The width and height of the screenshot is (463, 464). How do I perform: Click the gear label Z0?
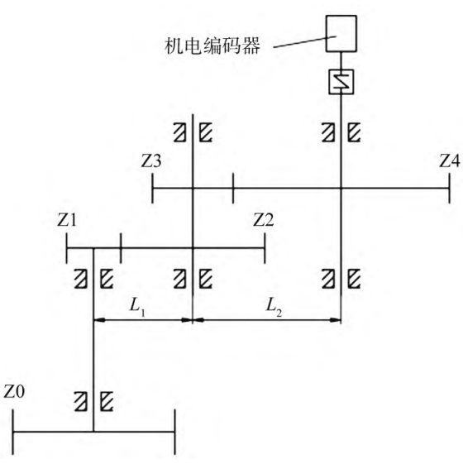(x=14, y=392)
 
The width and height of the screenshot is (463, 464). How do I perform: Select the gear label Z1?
(x=67, y=220)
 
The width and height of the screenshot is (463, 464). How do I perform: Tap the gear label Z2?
(x=263, y=220)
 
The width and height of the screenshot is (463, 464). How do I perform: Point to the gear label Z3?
(x=150, y=161)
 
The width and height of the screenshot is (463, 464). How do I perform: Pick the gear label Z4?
(x=450, y=161)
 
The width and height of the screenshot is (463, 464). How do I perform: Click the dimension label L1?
(x=137, y=307)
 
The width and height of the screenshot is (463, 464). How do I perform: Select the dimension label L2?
(x=274, y=307)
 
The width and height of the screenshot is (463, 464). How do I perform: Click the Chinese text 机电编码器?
(x=212, y=45)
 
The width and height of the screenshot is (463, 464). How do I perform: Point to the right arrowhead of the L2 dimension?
(x=336, y=320)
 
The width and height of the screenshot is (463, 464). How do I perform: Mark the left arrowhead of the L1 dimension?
(x=99, y=320)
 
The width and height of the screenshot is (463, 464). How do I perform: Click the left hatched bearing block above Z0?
(x=80, y=402)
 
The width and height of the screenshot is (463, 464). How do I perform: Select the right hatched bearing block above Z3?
(x=206, y=132)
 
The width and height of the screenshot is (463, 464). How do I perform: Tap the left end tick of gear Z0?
(x=13, y=432)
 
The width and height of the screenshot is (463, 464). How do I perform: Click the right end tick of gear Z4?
(x=450, y=188)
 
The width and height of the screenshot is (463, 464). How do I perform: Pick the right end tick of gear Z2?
(x=265, y=248)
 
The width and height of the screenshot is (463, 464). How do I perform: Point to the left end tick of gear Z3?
(x=152, y=188)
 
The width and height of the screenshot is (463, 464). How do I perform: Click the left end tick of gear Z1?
(x=67, y=248)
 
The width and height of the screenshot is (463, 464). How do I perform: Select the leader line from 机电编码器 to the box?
(x=305, y=41)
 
